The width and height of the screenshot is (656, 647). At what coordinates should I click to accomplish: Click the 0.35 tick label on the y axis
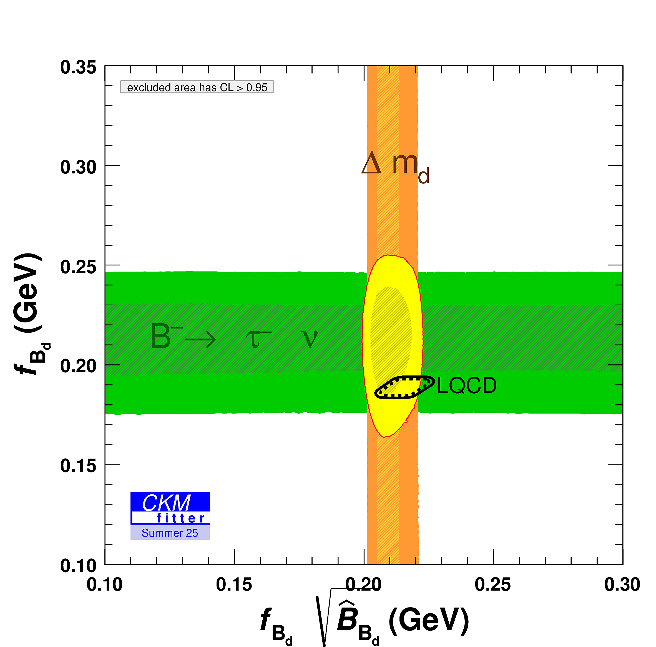[x=78, y=68]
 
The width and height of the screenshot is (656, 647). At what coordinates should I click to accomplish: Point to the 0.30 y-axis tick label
[x=78, y=168]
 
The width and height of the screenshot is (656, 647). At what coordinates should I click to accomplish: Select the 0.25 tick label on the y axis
[x=78, y=267]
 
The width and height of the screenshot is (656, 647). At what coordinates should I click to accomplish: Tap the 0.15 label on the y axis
[x=78, y=466]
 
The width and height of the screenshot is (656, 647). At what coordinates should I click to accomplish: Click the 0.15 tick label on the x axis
[x=234, y=585]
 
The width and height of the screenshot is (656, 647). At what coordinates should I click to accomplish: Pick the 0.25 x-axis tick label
[x=492, y=585]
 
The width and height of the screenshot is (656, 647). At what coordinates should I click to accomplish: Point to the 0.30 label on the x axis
[x=622, y=585]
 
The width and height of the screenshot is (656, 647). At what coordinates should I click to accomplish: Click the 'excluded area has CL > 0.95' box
[x=197, y=87]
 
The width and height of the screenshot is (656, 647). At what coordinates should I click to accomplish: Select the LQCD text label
[x=467, y=386]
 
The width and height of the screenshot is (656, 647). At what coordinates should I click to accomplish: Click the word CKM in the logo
[x=166, y=503]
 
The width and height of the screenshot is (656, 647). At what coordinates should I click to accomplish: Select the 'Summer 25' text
[x=170, y=533]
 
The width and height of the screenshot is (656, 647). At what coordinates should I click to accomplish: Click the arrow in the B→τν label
[x=200, y=339]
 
